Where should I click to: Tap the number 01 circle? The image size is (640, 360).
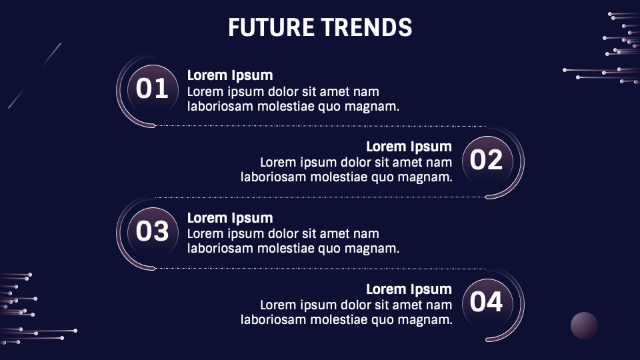(x=152, y=89)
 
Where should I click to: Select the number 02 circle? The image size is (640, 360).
(x=487, y=160)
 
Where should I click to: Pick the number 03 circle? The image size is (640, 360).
(x=152, y=231)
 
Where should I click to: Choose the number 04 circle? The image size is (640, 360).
(x=487, y=303)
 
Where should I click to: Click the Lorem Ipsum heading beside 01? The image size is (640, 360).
(x=230, y=75)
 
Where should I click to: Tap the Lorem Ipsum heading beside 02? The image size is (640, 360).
(x=409, y=147)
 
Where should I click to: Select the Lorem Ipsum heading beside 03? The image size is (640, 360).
(x=230, y=218)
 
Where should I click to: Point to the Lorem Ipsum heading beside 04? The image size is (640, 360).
(x=409, y=289)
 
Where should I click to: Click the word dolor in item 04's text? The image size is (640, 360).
(x=360, y=305)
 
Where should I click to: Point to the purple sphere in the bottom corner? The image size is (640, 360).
(x=584, y=325)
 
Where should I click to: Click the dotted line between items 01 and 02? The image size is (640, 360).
(x=320, y=125)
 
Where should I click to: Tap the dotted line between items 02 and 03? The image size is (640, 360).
(x=320, y=197)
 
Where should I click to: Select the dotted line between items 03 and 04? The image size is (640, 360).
(x=320, y=268)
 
